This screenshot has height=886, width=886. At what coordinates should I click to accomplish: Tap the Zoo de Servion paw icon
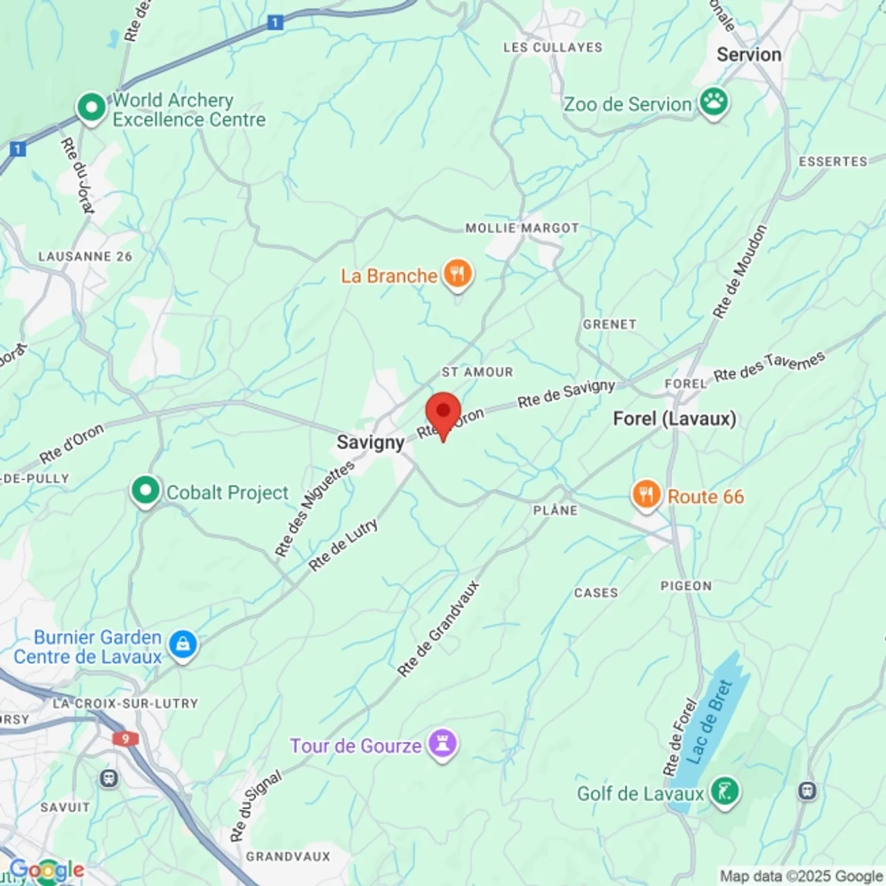(714, 102)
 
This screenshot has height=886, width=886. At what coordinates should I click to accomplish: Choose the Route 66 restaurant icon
(646, 494)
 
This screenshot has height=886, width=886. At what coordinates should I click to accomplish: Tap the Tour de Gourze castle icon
(442, 743)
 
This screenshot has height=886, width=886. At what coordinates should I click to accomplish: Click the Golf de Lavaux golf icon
(724, 791)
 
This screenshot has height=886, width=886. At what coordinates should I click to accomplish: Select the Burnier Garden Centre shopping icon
(182, 645)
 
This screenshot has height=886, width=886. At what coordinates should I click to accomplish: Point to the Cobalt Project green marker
(145, 490)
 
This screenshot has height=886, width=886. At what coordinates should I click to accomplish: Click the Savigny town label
(370, 442)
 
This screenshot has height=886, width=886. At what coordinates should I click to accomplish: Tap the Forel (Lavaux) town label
(674, 419)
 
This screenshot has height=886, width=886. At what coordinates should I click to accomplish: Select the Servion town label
(749, 55)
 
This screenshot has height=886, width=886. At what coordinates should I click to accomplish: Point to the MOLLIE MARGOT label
(522, 228)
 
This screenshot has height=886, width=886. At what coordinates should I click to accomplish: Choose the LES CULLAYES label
(553, 47)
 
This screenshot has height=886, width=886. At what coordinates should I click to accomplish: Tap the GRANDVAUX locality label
(288, 856)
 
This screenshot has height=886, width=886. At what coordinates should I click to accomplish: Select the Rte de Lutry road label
(343, 545)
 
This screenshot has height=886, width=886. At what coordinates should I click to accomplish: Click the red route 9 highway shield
(126, 738)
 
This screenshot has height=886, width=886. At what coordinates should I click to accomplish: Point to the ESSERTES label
(832, 161)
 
